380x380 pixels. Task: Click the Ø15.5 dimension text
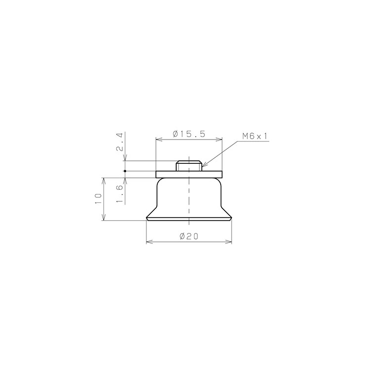189,134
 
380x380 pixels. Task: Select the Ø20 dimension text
189,237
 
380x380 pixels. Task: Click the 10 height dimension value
98,199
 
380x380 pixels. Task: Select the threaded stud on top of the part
189,165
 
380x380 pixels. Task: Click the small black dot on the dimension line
125,171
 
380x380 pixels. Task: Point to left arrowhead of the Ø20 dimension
149,242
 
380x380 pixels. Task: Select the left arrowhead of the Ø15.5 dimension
158,140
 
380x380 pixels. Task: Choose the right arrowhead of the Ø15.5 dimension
220,140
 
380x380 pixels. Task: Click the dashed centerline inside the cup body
189,198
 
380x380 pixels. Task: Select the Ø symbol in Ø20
182,237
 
